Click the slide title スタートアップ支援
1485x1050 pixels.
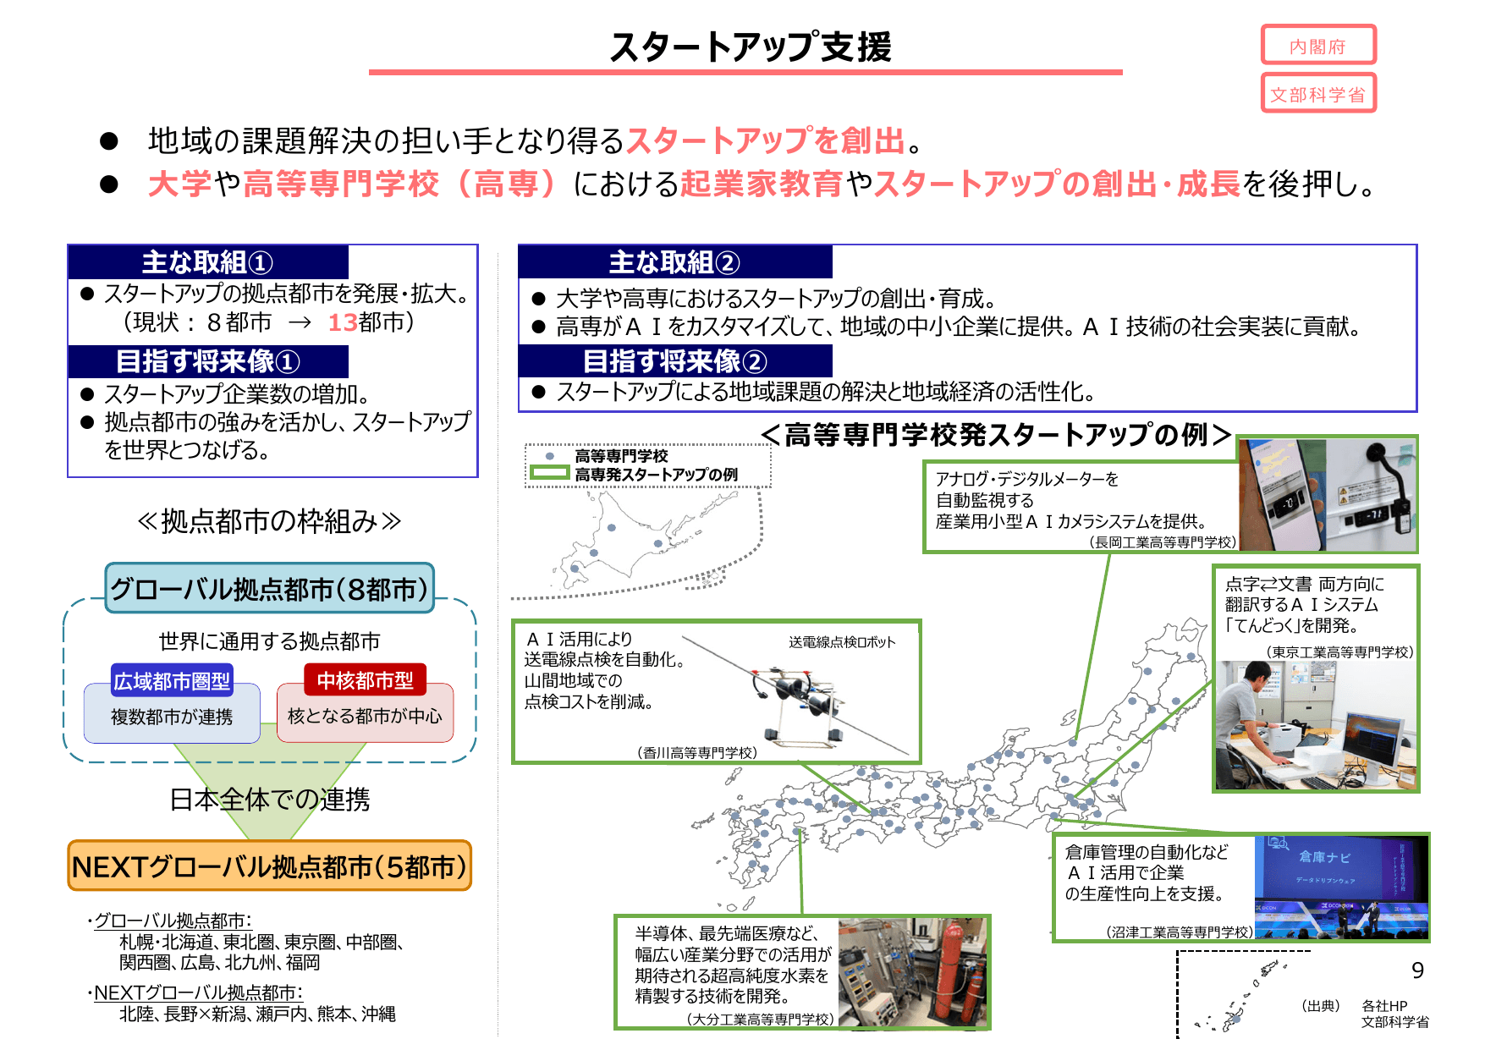click(x=750, y=47)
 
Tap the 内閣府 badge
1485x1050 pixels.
click(x=1317, y=46)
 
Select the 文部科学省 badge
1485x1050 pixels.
click(x=1317, y=94)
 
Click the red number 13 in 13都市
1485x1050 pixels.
click(x=342, y=322)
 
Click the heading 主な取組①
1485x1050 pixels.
click(x=207, y=262)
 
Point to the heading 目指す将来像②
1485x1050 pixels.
click(x=674, y=361)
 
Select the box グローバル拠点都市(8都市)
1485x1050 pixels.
click(x=269, y=588)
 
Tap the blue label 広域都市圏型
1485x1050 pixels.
click(x=172, y=680)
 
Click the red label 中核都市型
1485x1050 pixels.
click(x=365, y=680)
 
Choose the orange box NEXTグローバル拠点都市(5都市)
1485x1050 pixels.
click(x=269, y=866)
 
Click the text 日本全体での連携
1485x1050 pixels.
click(x=269, y=799)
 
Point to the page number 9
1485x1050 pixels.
click(x=1417, y=970)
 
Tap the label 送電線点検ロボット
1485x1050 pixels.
click(x=841, y=642)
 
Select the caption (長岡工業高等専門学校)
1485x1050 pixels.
click(x=1163, y=542)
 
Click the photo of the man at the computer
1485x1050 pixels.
click(x=1315, y=725)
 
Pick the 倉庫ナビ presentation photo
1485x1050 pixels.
click(x=1340, y=887)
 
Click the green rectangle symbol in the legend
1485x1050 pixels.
click(x=549, y=474)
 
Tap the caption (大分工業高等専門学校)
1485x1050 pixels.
click(x=760, y=1020)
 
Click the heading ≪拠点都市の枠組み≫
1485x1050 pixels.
click(x=269, y=521)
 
